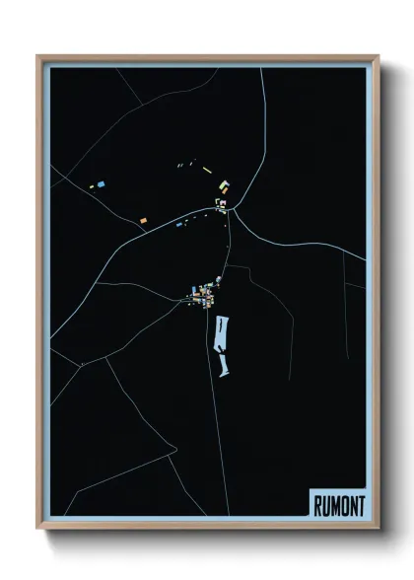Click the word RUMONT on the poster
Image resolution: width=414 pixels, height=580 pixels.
tap(338, 505)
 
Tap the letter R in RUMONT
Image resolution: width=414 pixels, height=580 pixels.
tap(318, 505)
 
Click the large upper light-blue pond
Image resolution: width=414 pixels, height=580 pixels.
tap(220, 333)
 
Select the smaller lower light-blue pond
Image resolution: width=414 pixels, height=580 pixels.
tap(224, 368)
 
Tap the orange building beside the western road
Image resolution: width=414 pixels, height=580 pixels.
tap(143, 220)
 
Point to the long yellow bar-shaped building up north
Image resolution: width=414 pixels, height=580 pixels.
tap(208, 171)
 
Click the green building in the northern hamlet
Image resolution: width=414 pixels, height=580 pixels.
tap(225, 183)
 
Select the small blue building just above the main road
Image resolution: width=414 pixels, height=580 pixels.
tap(179, 224)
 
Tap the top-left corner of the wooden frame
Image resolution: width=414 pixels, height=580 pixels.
tap(38, 56)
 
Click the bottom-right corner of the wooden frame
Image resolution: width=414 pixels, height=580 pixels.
tap(378, 528)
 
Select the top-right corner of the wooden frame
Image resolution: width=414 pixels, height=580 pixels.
tap(378, 56)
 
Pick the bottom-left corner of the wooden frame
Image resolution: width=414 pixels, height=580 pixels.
tap(38, 528)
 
